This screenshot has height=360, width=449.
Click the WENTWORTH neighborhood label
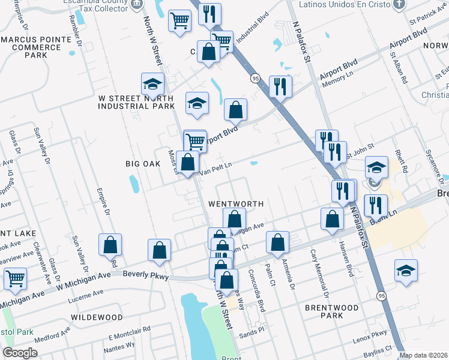236,204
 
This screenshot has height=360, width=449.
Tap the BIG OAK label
142,163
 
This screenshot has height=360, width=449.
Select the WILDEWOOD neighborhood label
97,317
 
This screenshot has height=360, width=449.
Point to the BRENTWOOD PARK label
331,311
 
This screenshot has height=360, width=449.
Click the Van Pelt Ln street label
215,169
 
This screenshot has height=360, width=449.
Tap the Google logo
20,353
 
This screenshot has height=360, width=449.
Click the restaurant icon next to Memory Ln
280,86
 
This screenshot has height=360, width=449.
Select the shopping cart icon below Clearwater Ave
15,278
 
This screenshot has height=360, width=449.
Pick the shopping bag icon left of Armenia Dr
277,242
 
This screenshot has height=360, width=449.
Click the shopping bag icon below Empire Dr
110,245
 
